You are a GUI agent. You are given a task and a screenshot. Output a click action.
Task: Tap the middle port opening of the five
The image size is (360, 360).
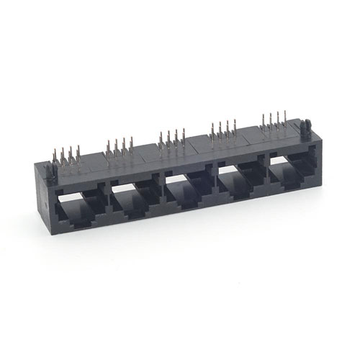186,191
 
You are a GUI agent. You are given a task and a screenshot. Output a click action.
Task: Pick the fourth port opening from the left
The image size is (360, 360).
239,182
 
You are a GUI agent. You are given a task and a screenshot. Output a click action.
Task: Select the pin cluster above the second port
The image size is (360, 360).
120,148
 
